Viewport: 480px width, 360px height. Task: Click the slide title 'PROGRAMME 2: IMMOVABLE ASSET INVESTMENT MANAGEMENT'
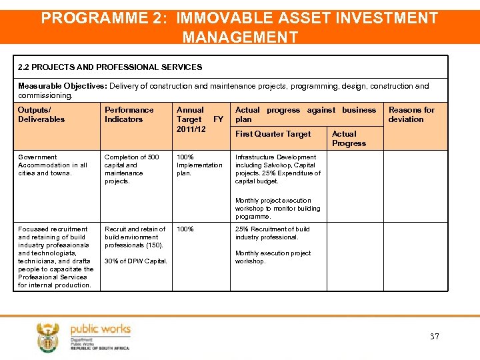240,27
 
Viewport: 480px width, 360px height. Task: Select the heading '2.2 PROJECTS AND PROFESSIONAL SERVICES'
110,67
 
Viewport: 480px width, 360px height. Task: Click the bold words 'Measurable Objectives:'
63,86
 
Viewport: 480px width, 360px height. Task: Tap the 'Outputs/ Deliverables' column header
41,115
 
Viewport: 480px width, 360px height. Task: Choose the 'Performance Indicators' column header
129,115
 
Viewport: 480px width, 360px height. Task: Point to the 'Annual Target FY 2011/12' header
198,119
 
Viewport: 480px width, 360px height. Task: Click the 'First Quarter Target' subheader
273,134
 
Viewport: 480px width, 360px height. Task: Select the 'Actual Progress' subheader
349,139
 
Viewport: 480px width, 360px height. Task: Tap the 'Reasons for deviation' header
411,115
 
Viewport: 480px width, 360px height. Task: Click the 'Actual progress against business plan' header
305,115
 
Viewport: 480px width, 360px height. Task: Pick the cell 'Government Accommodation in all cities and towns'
53,165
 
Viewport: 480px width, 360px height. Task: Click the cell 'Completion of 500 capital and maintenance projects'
131,169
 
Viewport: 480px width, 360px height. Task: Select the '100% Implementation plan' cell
199,165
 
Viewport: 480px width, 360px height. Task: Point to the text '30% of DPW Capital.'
135,261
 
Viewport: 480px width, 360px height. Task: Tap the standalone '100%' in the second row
185,229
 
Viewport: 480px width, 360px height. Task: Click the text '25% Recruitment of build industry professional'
272,233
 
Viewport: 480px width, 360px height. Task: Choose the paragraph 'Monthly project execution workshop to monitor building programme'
277,209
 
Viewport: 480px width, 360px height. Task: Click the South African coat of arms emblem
48,337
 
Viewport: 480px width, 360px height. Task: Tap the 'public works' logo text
100,329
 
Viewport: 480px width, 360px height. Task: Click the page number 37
434,337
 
